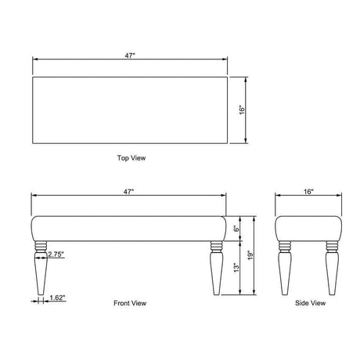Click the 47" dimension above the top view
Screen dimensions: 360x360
130,56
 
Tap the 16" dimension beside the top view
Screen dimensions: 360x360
242,110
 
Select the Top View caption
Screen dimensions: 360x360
131,158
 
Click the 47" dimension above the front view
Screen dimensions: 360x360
128,192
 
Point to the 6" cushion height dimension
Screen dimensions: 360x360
236,229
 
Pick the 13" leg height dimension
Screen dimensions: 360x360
236,268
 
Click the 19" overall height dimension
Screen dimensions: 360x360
250,255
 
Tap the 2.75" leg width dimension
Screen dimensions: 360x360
56,254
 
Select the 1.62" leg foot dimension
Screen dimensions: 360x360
57,297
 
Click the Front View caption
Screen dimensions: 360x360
130,303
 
